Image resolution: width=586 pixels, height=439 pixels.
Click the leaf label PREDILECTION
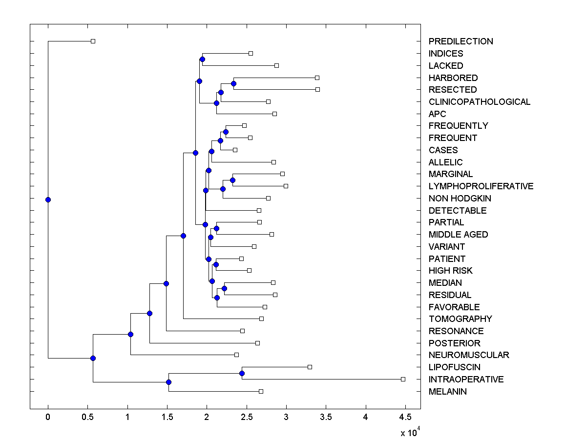(x=460, y=41)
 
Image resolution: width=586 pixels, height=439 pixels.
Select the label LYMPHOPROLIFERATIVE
(x=481, y=186)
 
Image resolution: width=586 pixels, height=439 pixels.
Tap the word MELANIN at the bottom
(x=447, y=392)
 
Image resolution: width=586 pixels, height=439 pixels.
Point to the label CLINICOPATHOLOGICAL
(x=479, y=102)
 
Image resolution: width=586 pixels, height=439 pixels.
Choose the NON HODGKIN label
(x=460, y=199)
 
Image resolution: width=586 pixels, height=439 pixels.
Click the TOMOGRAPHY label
(x=460, y=319)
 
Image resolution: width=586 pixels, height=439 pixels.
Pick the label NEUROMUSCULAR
(x=468, y=355)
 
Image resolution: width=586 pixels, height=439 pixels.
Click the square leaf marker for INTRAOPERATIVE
(x=403, y=379)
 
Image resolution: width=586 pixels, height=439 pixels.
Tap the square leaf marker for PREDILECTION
(x=93, y=41)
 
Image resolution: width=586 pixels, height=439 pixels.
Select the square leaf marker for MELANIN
(x=261, y=391)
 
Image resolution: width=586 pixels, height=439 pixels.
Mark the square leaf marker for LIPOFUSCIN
(x=310, y=367)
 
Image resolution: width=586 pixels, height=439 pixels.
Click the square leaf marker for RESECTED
(x=317, y=89)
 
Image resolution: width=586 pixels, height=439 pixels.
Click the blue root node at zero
(x=48, y=200)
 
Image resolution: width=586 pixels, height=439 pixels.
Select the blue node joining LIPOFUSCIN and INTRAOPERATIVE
(x=242, y=373)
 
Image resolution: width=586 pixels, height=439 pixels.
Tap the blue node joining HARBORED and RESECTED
(x=233, y=83)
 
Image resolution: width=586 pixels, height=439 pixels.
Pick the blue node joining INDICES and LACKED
(x=202, y=60)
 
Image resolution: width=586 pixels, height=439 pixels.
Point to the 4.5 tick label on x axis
(x=405, y=417)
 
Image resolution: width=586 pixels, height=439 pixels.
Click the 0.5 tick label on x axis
(x=87, y=417)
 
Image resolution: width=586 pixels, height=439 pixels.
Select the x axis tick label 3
(x=286, y=417)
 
